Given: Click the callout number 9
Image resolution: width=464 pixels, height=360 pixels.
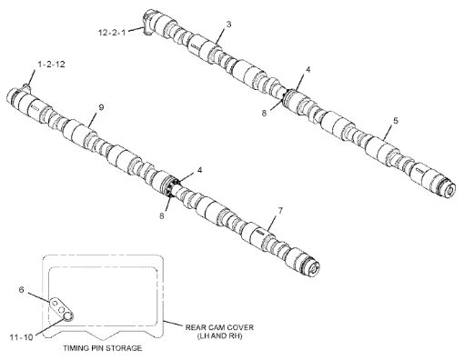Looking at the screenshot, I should [101, 107].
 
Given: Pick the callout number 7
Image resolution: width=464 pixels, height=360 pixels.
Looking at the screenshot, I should [280, 211].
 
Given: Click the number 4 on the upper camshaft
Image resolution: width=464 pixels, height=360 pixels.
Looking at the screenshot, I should [308, 70].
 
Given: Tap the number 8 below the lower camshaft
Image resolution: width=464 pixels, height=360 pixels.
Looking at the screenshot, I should [162, 215].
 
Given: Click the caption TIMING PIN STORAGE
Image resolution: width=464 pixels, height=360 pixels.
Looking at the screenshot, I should [103, 347].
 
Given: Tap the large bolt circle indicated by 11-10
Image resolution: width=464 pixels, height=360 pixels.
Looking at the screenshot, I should [67, 315].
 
